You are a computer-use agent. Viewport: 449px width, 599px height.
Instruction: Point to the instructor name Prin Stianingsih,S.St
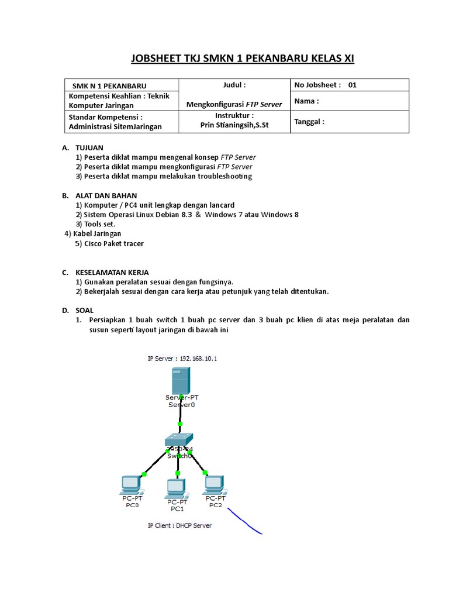(x=234, y=125)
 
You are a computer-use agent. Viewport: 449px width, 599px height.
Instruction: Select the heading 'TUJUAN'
(x=89, y=149)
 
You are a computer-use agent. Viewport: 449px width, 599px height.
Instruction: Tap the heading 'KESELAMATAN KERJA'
(x=112, y=273)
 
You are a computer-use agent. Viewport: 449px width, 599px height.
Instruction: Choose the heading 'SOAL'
(x=84, y=310)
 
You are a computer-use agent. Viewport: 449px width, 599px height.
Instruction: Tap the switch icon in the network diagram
(x=179, y=440)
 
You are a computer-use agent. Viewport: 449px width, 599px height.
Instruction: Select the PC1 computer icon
(x=176, y=487)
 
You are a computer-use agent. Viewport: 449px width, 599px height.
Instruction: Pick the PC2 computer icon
(x=214, y=484)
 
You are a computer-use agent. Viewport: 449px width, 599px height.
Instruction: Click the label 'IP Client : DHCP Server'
(x=179, y=525)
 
